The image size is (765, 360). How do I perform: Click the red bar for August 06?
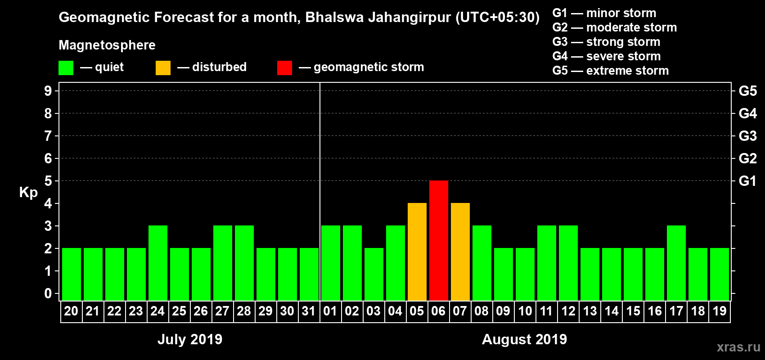pos(439,240)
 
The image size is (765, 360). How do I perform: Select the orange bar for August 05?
pos(417,252)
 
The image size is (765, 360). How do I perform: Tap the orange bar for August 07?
pos(460,252)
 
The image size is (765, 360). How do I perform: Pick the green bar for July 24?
pos(158,263)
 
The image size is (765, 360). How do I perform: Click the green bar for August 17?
pos(676,263)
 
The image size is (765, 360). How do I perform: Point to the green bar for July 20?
pos(72,274)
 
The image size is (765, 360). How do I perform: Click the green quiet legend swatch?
pos(66,68)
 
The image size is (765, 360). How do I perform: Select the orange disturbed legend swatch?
pos(163,68)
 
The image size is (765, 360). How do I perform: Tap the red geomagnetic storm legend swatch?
pos(284,68)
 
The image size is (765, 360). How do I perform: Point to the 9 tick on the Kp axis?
pos(48,91)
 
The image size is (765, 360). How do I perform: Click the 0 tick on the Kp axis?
pos(48,293)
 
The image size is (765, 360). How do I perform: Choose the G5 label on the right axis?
pos(747,91)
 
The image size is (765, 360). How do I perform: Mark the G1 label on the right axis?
pos(747,181)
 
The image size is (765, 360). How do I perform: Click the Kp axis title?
pos(28,193)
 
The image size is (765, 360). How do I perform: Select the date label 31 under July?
pos(309,311)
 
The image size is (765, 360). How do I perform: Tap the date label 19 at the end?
pos(720,311)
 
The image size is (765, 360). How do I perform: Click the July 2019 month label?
pos(190,339)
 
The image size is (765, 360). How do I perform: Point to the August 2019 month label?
pos(524,339)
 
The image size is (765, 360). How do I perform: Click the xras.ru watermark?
pos(738,347)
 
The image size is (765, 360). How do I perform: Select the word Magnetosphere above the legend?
pos(107,45)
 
